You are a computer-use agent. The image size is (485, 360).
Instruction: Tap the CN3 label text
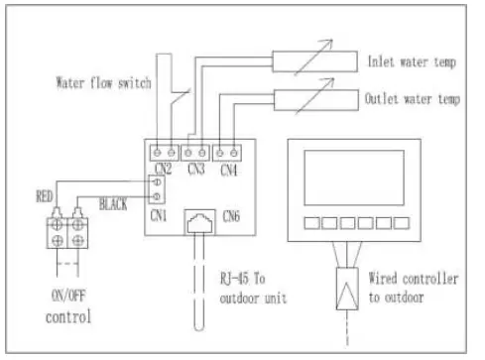pos(198,169)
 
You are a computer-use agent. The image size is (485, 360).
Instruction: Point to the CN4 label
pos(230,169)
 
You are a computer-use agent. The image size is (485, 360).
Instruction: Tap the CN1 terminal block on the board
pos(156,187)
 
